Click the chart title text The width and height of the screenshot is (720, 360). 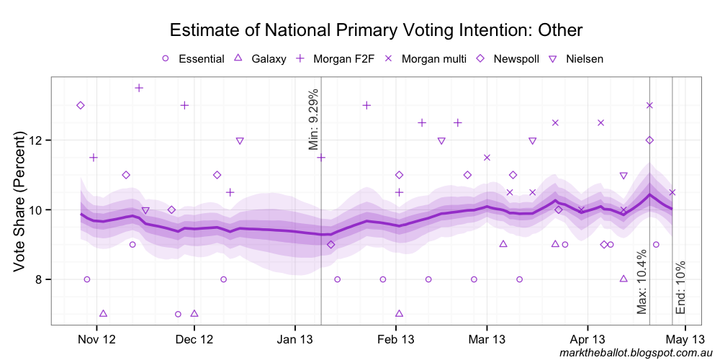point(375,30)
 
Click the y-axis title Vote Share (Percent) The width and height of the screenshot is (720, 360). point(19,202)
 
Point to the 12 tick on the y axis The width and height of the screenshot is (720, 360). point(37,140)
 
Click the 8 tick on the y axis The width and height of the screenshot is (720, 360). point(40,279)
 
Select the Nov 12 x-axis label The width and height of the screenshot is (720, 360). point(96,338)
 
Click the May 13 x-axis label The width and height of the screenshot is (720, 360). point(684,338)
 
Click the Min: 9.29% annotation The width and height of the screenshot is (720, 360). point(313,120)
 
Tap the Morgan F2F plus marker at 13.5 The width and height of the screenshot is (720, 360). point(139,88)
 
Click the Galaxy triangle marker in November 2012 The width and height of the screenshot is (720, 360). point(103,314)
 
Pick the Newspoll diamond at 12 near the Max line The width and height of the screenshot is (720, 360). point(649,140)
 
